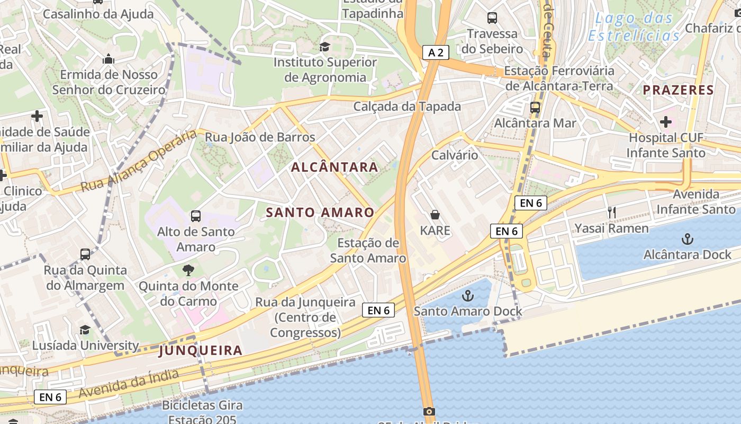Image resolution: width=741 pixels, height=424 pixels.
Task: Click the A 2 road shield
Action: point(436,52)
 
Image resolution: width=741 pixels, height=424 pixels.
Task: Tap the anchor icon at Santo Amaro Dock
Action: point(468,296)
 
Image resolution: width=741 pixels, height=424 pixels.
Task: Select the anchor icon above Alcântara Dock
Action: point(687,239)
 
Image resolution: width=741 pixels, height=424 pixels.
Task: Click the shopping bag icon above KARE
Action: point(435,215)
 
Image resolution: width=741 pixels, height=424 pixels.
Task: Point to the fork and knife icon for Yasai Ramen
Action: point(612,213)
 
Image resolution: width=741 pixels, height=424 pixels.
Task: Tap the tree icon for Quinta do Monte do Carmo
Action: point(188,270)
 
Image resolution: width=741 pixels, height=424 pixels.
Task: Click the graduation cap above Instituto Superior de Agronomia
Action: point(324,47)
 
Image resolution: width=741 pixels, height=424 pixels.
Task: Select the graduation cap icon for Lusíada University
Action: point(85,330)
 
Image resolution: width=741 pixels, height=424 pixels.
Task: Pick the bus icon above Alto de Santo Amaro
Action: point(196,216)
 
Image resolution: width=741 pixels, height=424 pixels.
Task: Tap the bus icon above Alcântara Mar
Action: point(535,107)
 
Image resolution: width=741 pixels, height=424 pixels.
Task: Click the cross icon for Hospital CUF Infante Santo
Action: point(665,122)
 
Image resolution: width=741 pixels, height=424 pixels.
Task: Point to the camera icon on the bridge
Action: point(429,411)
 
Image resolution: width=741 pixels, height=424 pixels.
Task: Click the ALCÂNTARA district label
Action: point(335,167)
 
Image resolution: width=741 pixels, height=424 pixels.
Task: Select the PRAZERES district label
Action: point(679,90)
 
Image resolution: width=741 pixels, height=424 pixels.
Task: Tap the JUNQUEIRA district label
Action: point(201,350)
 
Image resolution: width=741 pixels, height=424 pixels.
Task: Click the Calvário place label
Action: point(455,155)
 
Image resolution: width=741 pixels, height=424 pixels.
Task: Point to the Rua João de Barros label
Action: point(260,137)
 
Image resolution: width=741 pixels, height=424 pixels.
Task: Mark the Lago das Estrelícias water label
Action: point(634,27)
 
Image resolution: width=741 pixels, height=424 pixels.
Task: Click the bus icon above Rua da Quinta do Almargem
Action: point(85,254)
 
